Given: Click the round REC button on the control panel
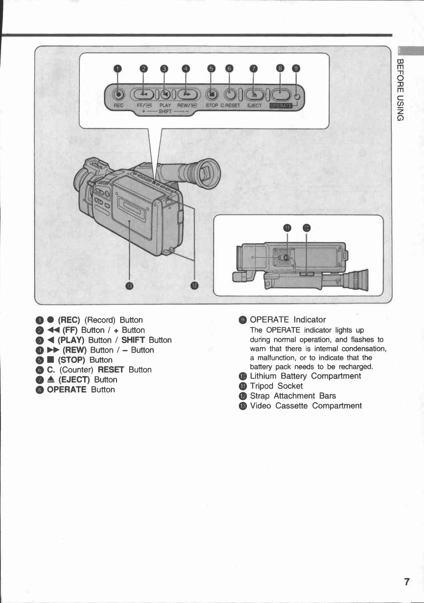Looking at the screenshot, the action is click(x=118, y=95).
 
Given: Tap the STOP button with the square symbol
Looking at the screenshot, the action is click(x=212, y=95).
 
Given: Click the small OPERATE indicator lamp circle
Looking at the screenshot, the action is click(x=297, y=97).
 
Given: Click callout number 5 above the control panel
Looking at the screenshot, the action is click(x=212, y=69).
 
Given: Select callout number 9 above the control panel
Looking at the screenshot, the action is click(x=296, y=68).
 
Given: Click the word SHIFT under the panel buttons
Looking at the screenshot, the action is click(x=165, y=111).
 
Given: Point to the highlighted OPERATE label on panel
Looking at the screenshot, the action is click(x=281, y=106).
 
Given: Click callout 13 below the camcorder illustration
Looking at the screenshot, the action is click(x=130, y=285).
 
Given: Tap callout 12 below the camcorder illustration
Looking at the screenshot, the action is click(x=195, y=285).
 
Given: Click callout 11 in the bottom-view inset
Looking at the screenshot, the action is click(x=287, y=228).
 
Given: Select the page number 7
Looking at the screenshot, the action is click(x=407, y=581).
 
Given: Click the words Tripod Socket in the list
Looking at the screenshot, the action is click(x=276, y=386).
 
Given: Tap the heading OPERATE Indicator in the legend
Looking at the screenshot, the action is click(x=288, y=320).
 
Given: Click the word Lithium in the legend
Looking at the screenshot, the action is click(x=263, y=376).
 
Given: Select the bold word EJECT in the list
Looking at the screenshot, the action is click(x=74, y=380).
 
